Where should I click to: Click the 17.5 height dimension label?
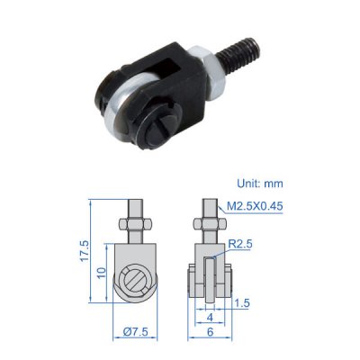click(85, 251)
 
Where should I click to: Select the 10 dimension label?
click(102, 273)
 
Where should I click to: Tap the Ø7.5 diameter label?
click(136, 332)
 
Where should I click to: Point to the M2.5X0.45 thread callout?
click(255, 206)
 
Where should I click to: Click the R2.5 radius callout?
click(240, 244)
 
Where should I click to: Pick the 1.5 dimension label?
click(242, 303)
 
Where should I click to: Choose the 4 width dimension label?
click(210, 318)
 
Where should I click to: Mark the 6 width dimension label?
click(210, 332)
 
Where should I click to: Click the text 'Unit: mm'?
click(260, 183)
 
